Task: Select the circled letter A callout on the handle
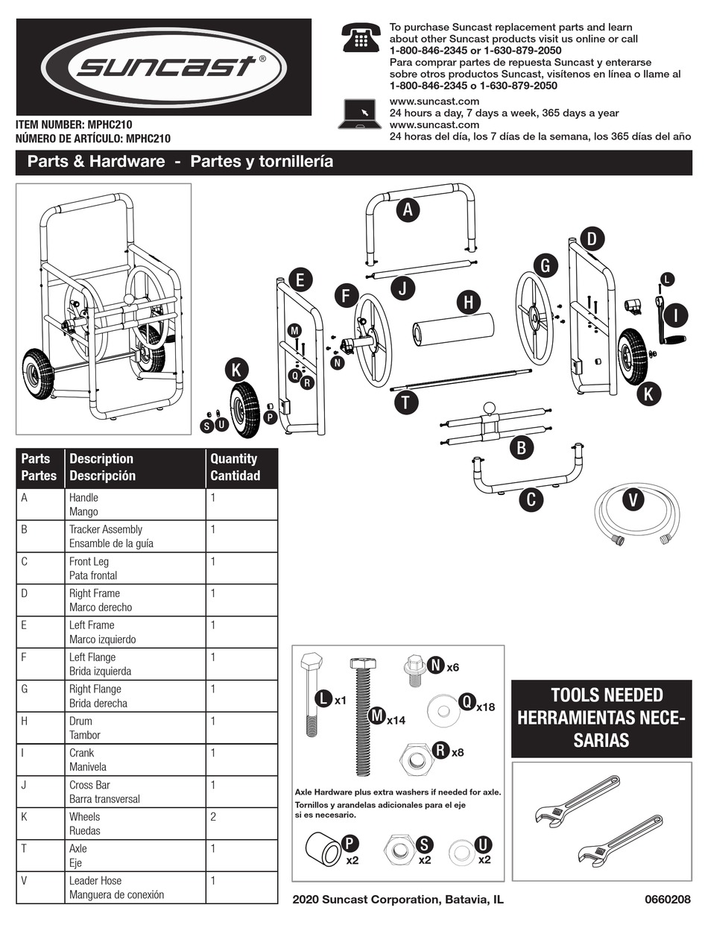(408, 210)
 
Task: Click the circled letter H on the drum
(468, 302)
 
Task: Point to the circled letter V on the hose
(633, 500)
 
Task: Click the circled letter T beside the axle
(405, 402)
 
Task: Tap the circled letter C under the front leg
(531, 499)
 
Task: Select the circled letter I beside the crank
(674, 315)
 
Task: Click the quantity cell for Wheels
(241, 824)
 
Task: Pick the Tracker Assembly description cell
(136, 536)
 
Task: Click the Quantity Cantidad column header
(241, 467)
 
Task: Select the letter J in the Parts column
(25, 785)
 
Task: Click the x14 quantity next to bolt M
(395, 720)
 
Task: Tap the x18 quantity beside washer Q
(485, 706)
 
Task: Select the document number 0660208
(667, 900)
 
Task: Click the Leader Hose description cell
(136, 887)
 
